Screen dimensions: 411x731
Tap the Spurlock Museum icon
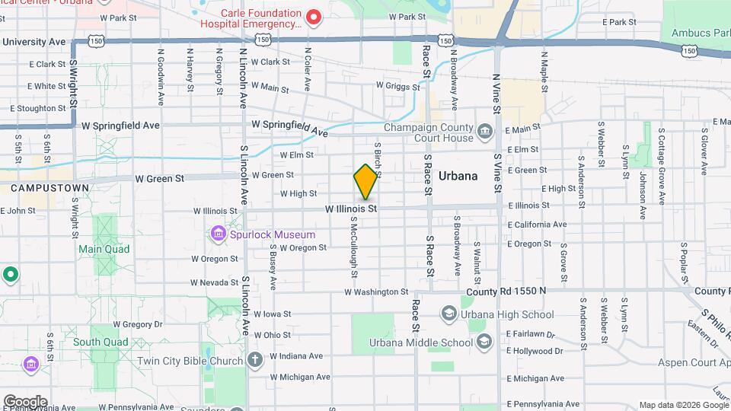coord(219,233)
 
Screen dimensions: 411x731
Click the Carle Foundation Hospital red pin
coord(312,17)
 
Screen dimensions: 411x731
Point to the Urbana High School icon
coord(448,314)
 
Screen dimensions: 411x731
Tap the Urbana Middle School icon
coord(484,342)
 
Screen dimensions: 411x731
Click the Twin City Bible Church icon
coord(254,359)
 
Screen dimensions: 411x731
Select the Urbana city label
coord(458,176)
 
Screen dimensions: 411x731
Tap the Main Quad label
coord(104,249)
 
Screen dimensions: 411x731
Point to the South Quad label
coord(101,342)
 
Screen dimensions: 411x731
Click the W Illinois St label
coord(351,208)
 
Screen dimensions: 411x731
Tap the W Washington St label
coord(376,292)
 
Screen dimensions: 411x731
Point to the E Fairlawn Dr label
coord(535,333)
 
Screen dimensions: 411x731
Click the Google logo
coord(24,402)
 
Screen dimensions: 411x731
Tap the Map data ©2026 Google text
coord(683,405)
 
